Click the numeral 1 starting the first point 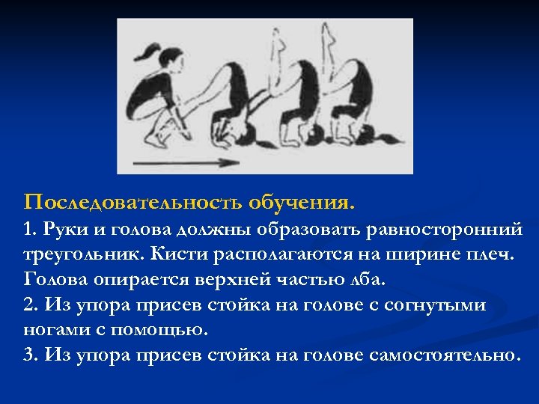[28, 228]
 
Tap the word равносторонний [445, 228]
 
